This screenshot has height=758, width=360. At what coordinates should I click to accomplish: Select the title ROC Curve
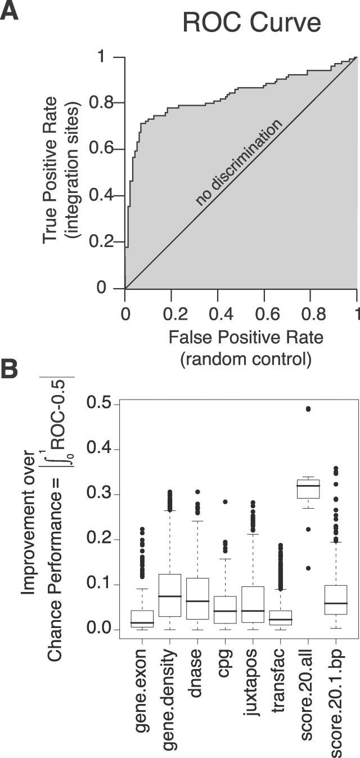click(x=251, y=24)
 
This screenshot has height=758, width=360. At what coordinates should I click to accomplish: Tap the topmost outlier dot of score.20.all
click(x=308, y=409)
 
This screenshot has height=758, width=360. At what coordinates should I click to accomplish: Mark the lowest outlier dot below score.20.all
click(x=308, y=568)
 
